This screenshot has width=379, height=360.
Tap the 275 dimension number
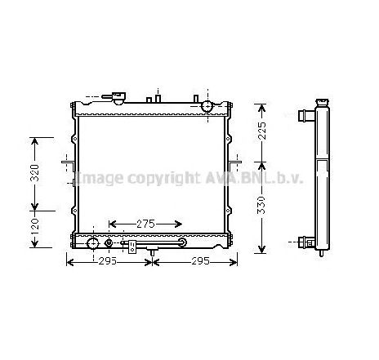[x=146, y=223]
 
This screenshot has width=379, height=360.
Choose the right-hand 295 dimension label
[x=201, y=262]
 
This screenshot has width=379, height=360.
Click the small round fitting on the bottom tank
[x=109, y=242]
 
